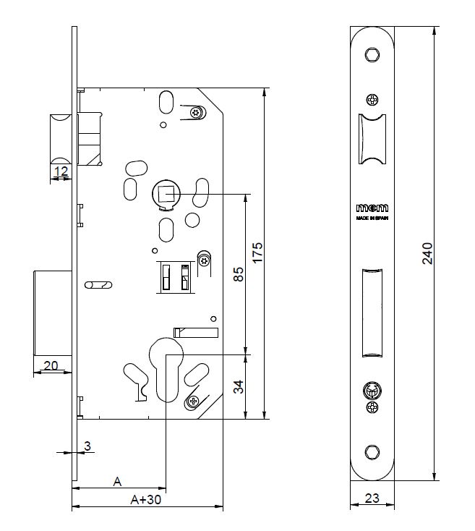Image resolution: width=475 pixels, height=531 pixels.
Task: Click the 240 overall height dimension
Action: (427, 254)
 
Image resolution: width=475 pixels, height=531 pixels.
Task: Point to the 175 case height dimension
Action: (257, 254)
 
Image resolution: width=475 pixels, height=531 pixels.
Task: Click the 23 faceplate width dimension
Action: (372, 498)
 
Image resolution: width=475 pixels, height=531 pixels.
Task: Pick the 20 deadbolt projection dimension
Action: (51, 366)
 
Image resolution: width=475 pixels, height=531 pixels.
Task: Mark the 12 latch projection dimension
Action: (61, 172)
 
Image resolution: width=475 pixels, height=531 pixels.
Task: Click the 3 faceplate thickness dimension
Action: (87, 446)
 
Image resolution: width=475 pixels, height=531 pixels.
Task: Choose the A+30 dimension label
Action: (145, 499)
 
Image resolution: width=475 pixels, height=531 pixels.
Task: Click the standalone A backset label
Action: (118, 480)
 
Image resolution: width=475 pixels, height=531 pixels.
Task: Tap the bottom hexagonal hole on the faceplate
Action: (372, 452)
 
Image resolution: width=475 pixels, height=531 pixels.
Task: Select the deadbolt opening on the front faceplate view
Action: (372, 312)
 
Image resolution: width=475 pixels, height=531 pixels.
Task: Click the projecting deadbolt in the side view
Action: (53, 313)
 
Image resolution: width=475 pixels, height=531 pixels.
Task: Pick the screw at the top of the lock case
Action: (196, 112)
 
